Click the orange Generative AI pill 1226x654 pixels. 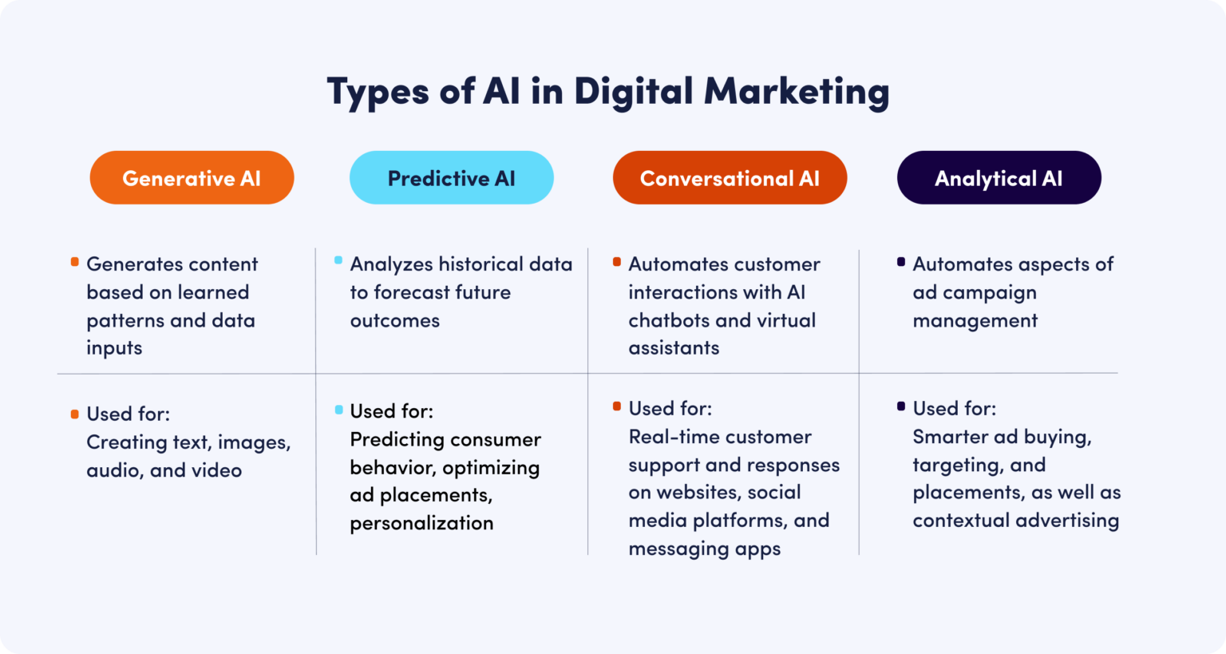coord(192,178)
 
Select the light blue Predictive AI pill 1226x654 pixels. coord(451,178)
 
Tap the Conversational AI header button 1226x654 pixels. coord(730,178)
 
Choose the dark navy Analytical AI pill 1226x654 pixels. coord(999,178)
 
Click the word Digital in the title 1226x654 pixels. coord(633,91)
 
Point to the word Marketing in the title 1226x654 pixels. coord(796,91)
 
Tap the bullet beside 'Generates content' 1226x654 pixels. coord(75,262)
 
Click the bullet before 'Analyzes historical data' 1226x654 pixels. coord(338,261)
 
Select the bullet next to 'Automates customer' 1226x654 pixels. coord(617,262)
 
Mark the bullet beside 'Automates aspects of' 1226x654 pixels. coord(901,262)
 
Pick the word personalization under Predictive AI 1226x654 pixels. coord(421,523)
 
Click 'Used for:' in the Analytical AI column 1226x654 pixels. coord(954,409)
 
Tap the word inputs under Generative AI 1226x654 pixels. coord(114,348)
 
